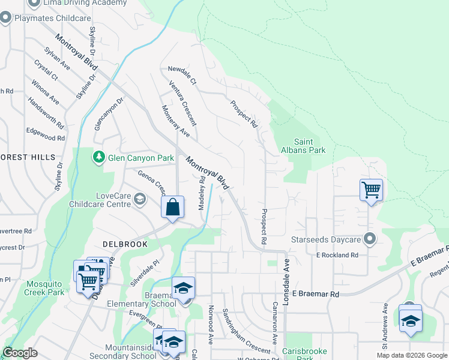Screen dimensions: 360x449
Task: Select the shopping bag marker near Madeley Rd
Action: click(172, 208)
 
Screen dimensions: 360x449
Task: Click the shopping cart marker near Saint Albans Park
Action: click(371, 190)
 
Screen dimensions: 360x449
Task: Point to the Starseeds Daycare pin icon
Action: click(370, 239)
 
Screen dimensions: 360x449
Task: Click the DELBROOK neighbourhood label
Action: click(125, 244)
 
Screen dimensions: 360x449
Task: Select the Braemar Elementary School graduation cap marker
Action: click(183, 288)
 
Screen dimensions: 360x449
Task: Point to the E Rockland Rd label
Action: click(337, 255)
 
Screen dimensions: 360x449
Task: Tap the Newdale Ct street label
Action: click(182, 76)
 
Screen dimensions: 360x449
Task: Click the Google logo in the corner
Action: click(20, 353)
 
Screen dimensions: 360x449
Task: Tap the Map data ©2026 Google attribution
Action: click(411, 355)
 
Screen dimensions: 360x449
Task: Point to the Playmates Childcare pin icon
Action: click(6, 18)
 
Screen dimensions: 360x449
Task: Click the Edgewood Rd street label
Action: click(45, 134)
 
